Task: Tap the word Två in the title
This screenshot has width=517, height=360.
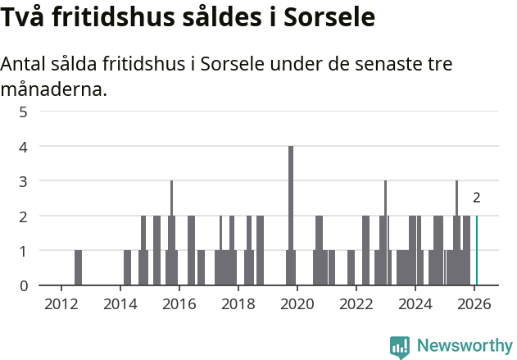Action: coord(25,17)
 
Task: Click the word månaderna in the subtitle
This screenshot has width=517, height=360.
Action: coord(54,89)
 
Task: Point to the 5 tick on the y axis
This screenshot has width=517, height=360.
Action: coord(24,112)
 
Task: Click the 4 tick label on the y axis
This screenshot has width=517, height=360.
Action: coord(24,147)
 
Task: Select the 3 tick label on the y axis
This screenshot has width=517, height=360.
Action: coord(24,181)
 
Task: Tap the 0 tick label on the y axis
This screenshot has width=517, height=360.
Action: coord(24,285)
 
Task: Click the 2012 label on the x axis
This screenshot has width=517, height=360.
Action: coord(61,304)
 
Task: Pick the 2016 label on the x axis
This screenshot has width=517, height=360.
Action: coord(179,304)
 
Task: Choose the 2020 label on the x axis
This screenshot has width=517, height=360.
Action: coord(297,304)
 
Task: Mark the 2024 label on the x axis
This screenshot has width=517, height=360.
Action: coord(415,304)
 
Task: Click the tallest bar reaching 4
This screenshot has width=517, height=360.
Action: coord(291,215)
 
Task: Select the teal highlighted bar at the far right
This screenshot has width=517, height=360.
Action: coord(477,251)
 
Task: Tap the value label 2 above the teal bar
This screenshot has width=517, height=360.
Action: coord(477,198)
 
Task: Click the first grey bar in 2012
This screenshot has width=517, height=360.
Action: coord(78,268)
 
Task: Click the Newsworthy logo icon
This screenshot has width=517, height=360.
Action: coord(400,347)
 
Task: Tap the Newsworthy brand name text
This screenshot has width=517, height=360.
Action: coord(465,346)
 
